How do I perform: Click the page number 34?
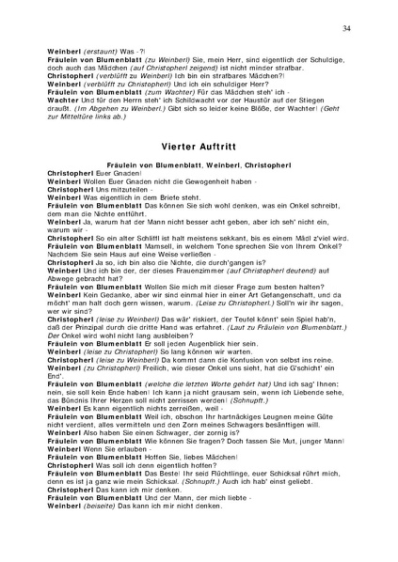coord(347,30)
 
